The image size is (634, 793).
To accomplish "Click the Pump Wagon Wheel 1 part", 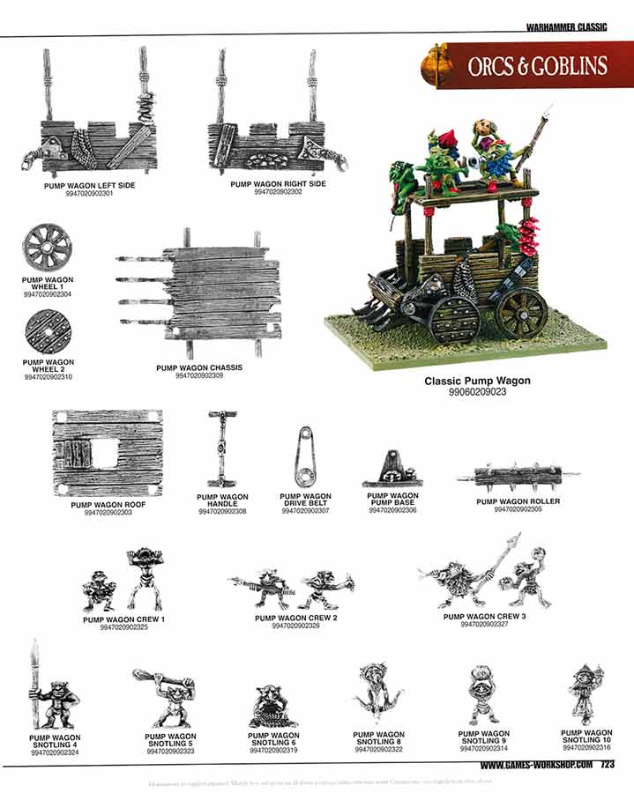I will (x=46, y=248).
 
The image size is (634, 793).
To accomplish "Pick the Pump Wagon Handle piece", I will (x=221, y=448).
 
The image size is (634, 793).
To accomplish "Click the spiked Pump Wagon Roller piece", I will (x=517, y=478).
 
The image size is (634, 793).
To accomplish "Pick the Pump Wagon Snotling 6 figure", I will (x=272, y=705).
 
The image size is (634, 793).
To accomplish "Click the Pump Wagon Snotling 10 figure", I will (x=586, y=693).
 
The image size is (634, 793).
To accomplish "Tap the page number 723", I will (x=607, y=766).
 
